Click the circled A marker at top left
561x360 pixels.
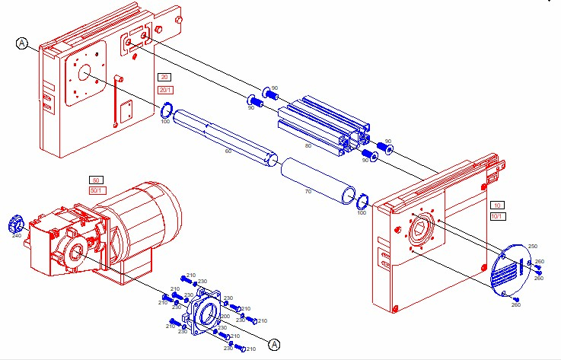[x=21, y=44]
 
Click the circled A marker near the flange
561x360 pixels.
[x=275, y=345]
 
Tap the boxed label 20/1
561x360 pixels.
[x=165, y=90]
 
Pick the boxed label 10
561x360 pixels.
[x=496, y=205]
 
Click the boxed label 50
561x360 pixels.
[x=97, y=180]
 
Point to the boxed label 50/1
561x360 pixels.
[x=97, y=190]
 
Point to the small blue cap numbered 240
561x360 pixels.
[x=14, y=225]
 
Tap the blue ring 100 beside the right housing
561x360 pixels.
[x=363, y=202]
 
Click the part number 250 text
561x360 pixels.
[x=533, y=247]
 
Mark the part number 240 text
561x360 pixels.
[x=17, y=236]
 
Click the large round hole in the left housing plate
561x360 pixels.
[x=84, y=74]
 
